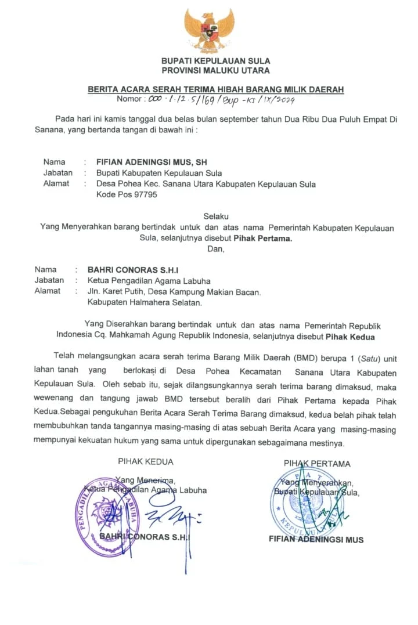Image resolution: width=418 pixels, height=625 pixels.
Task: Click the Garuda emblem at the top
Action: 209,31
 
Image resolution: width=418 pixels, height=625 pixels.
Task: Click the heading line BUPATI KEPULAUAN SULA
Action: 215,61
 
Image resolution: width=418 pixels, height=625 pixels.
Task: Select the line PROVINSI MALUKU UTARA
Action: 215,70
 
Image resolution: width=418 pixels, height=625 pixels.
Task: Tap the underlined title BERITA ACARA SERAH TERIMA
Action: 215,89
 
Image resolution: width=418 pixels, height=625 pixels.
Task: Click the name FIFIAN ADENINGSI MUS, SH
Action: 152,162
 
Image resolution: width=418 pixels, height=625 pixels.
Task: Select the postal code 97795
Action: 143,195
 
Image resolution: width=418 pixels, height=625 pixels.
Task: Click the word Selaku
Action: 216,216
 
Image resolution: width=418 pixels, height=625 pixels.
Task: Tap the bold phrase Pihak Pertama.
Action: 263,238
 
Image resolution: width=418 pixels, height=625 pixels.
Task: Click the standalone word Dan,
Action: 216,249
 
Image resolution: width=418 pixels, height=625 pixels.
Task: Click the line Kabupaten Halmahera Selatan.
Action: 145,302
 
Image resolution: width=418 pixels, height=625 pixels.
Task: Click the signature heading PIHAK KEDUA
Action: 145,462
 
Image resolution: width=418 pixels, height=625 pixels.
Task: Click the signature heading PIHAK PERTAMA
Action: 317,464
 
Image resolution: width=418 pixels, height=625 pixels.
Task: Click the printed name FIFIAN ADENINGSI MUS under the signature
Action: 316,539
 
